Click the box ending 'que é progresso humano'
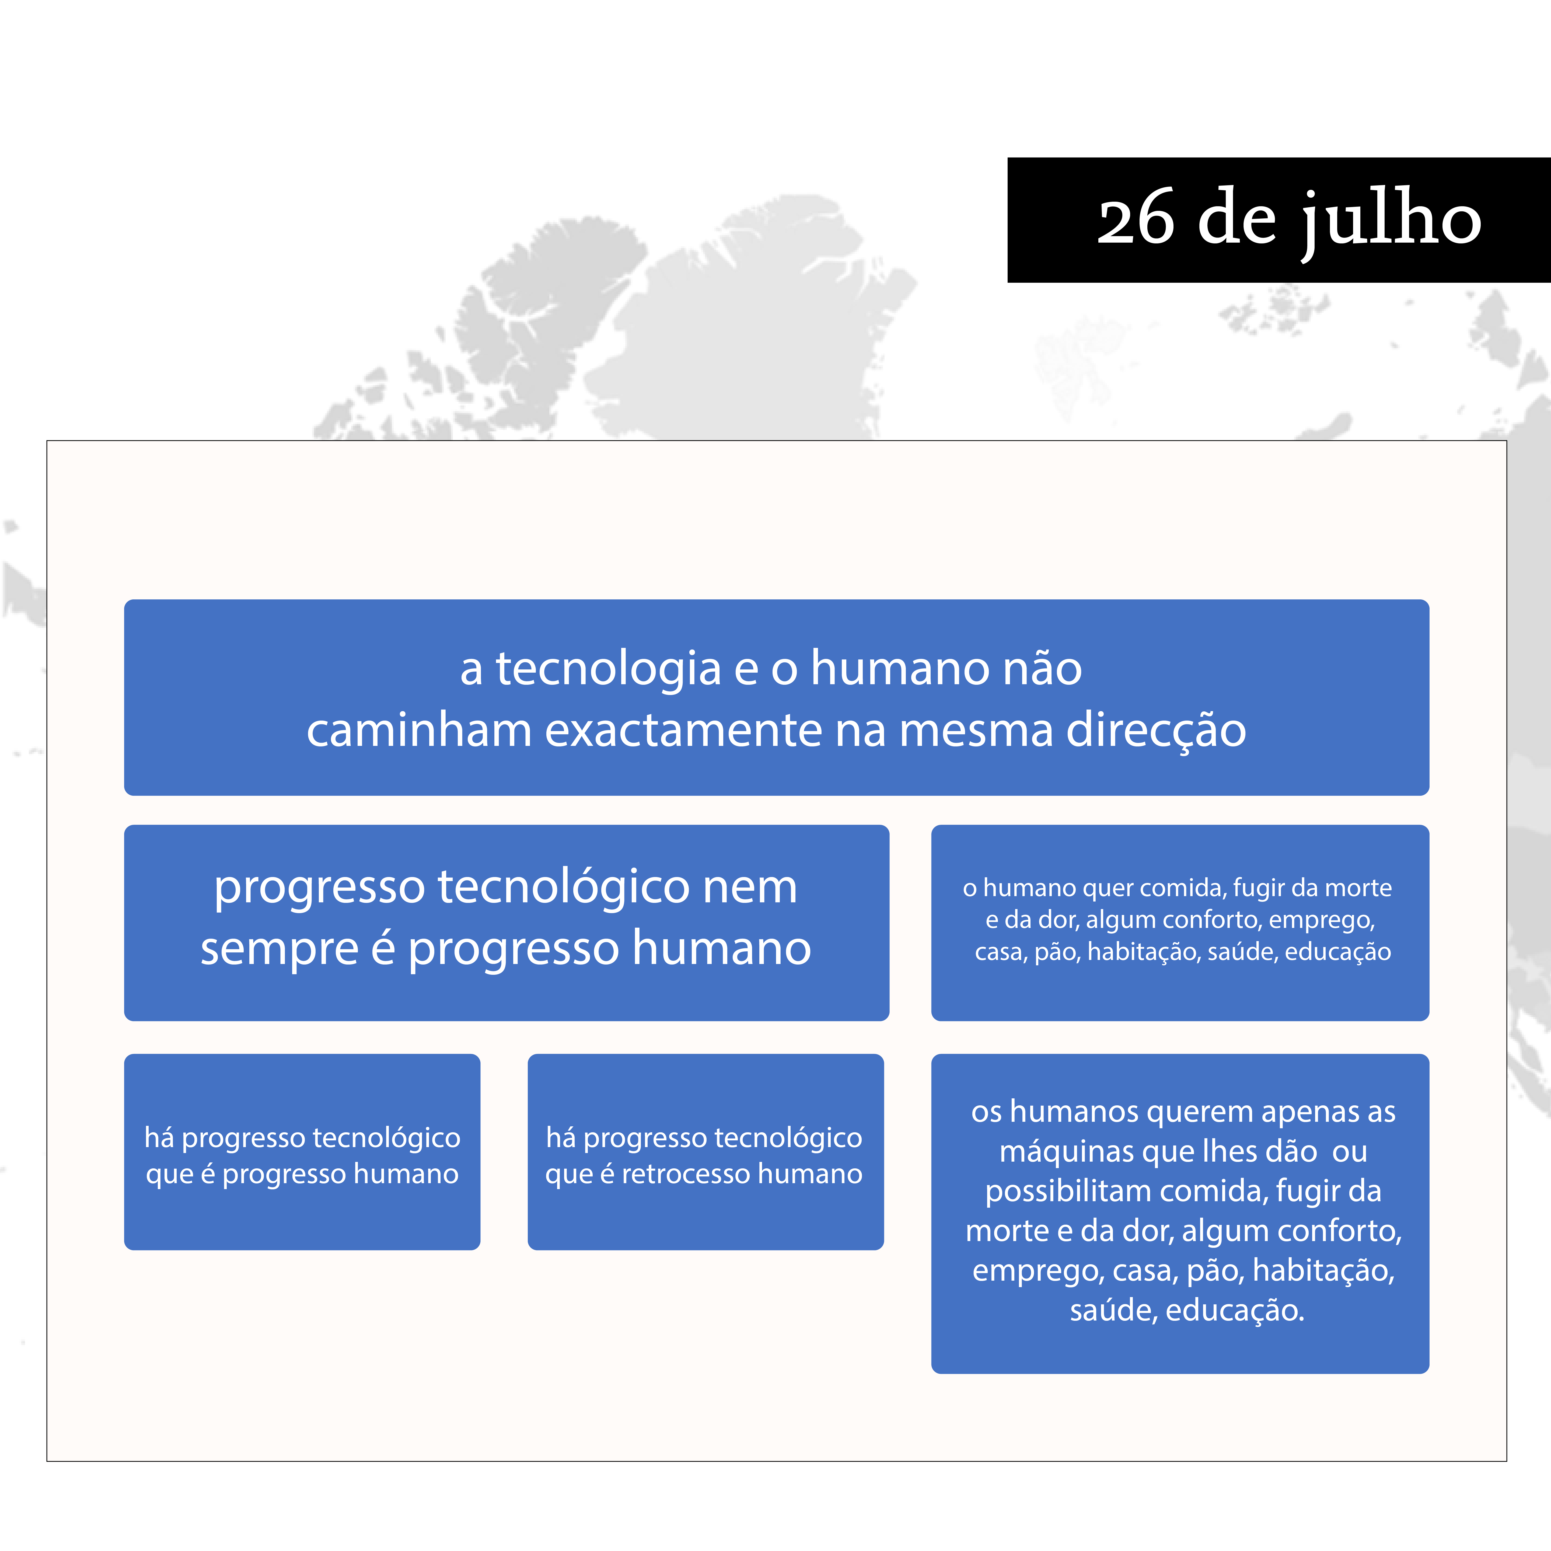click(302, 1152)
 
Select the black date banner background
click(1279, 220)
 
